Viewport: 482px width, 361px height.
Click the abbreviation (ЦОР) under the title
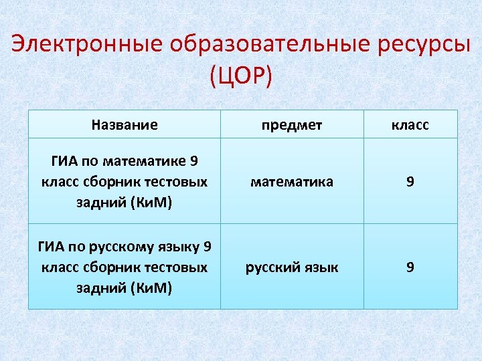pyautogui.click(x=241, y=75)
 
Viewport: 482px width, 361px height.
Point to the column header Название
pyautogui.click(x=125, y=124)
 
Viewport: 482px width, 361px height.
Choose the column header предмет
pyautogui.click(x=292, y=125)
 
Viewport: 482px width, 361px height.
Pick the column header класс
pyautogui.click(x=410, y=125)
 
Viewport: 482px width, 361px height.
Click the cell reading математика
pyautogui.click(x=292, y=181)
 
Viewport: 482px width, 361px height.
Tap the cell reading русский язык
pyautogui.click(x=292, y=267)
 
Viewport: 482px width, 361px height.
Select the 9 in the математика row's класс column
pyautogui.click(x=410, y=181)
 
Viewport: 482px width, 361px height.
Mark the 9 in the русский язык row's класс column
pyautogui.click(x=410, y=267)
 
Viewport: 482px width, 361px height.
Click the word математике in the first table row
pyautogui.click(x=153, y=161)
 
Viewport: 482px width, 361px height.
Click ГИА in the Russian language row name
pyautogui.click(x=51, y=247)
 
